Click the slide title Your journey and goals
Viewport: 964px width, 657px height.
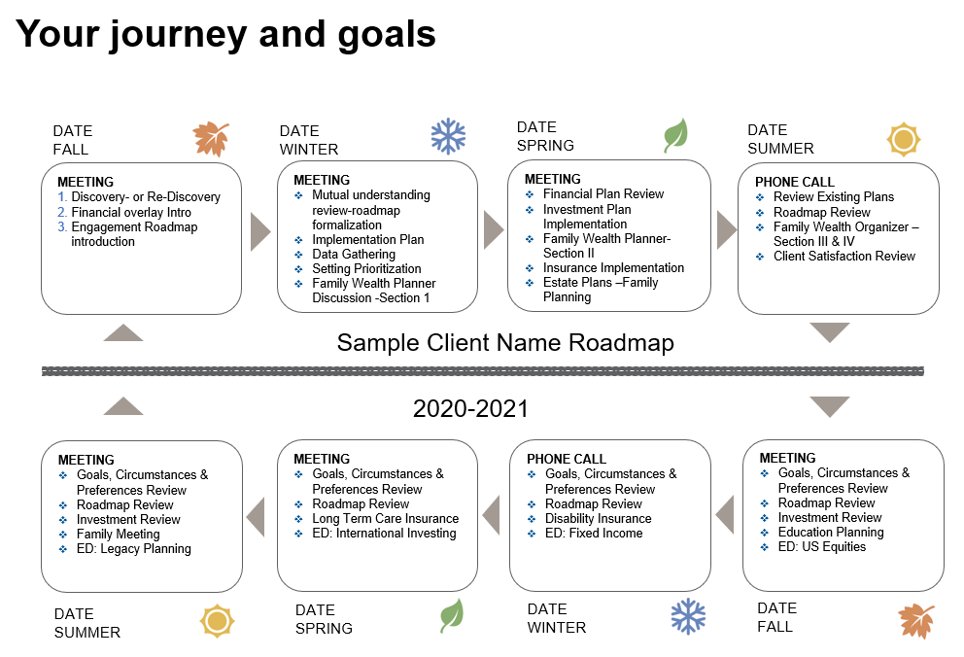point(225,34)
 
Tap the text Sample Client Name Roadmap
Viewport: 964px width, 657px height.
point(505,342)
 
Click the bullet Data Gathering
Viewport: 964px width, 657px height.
point(354,254)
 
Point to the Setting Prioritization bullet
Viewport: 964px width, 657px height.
point(366,268)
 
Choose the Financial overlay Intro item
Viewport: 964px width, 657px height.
point(131,212)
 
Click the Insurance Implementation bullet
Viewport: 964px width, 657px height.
point(613,267)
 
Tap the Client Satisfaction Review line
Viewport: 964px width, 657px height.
point(843,256)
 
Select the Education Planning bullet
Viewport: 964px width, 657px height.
point(831,532)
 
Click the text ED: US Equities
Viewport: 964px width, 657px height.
point(821,546)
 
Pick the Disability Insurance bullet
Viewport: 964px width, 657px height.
point(598,518)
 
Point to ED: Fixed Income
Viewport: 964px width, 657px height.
point(594,533)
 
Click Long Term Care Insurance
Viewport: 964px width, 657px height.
point(385,518)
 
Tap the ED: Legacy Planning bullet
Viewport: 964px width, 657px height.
point(134,548)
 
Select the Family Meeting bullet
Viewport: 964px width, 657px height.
point(118,534)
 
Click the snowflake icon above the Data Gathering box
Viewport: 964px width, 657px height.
point(448,137)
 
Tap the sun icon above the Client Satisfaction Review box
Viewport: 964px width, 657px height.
point(904,140)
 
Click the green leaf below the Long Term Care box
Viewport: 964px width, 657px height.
point(452,615)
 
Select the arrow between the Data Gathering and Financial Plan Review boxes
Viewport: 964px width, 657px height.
point(494,231)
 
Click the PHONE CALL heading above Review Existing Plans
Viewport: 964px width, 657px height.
point(795,182)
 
